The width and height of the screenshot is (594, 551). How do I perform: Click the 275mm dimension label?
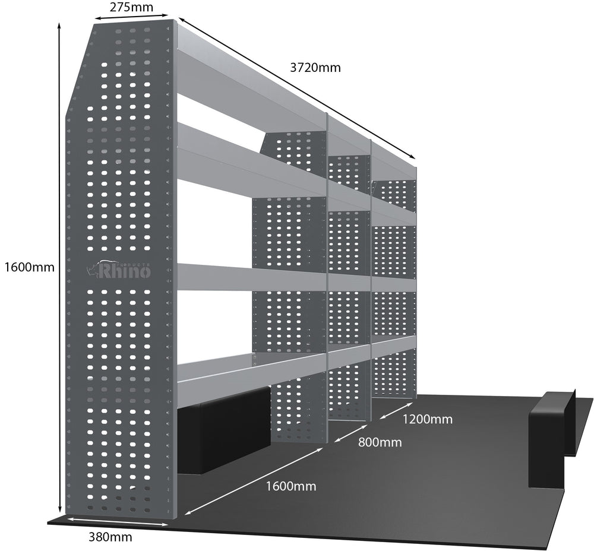(131, 7)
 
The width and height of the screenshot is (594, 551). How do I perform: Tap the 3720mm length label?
(315, 68)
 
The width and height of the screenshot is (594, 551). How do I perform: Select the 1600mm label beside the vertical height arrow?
(29, 267)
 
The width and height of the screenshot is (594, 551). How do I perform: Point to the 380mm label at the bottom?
(110, 537)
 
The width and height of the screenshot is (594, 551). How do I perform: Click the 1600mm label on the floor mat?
(291, 486)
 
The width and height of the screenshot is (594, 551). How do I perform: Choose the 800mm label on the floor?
(380, 442)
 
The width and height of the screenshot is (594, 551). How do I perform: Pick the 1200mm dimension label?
(427, 419)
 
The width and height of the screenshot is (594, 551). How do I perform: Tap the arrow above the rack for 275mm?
(131, 17)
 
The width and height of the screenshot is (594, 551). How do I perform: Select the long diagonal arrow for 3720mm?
(297, 88)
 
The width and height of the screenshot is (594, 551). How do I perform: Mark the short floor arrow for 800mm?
(351, 433)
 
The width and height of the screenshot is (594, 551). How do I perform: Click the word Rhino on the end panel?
(125, 271)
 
